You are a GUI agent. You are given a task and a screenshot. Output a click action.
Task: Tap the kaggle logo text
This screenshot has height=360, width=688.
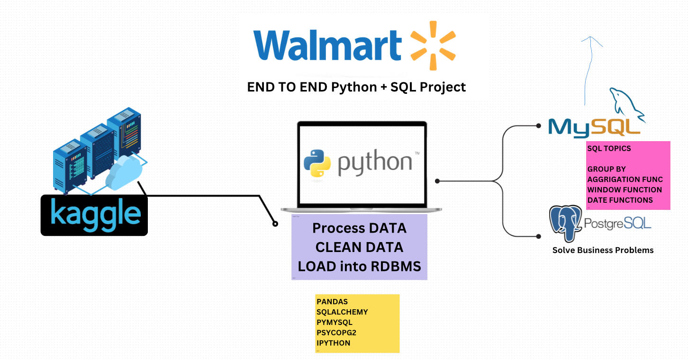coord(95,215)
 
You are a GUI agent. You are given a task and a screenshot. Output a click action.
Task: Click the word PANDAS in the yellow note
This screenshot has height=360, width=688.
coord(332,302)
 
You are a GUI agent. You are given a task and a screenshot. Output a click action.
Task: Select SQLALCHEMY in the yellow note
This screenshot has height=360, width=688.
coord(342,312)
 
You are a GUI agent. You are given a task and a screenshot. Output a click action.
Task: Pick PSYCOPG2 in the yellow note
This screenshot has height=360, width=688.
coord(336,333)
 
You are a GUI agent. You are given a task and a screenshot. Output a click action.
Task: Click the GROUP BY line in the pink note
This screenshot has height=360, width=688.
coord(607,169)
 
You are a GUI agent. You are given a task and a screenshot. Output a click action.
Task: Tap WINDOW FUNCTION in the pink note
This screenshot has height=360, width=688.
coord(625,189)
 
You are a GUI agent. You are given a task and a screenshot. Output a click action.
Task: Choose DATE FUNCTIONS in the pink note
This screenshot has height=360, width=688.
coord(620,200)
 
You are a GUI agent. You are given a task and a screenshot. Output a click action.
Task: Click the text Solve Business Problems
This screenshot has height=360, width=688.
coord(603,250)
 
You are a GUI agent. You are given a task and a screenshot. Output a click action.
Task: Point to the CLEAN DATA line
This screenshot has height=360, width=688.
coord(359,247)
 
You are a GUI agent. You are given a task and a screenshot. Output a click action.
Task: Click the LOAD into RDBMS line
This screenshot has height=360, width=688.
coord(359,266)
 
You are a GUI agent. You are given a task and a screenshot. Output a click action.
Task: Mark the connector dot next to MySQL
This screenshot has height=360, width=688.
coord(538,126)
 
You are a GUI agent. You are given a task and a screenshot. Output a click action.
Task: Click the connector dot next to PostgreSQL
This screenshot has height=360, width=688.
coord(538,236)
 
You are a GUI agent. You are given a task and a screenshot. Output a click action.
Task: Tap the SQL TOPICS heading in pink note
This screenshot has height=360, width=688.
coord(609,148)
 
